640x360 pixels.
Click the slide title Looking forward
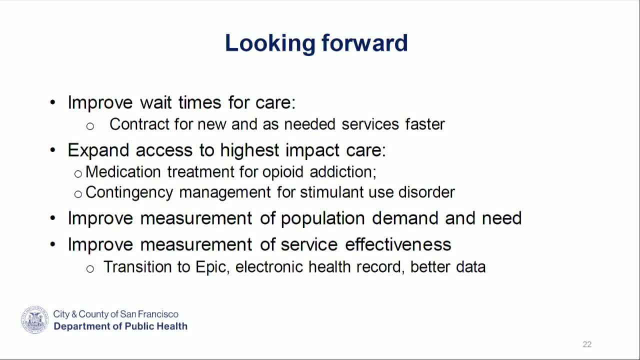coord(316,43)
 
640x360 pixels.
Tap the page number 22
coord(587,344)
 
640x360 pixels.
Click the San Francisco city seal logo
coord(35,320)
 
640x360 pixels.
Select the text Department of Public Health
coord(120,326)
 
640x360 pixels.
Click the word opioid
coord(283,172)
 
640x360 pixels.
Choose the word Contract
coord(139,124)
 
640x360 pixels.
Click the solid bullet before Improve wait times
coord(53,103)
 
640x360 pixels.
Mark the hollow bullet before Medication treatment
coord(78,173)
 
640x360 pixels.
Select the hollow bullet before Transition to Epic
coord(90,269)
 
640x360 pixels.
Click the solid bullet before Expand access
coord(53,150)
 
